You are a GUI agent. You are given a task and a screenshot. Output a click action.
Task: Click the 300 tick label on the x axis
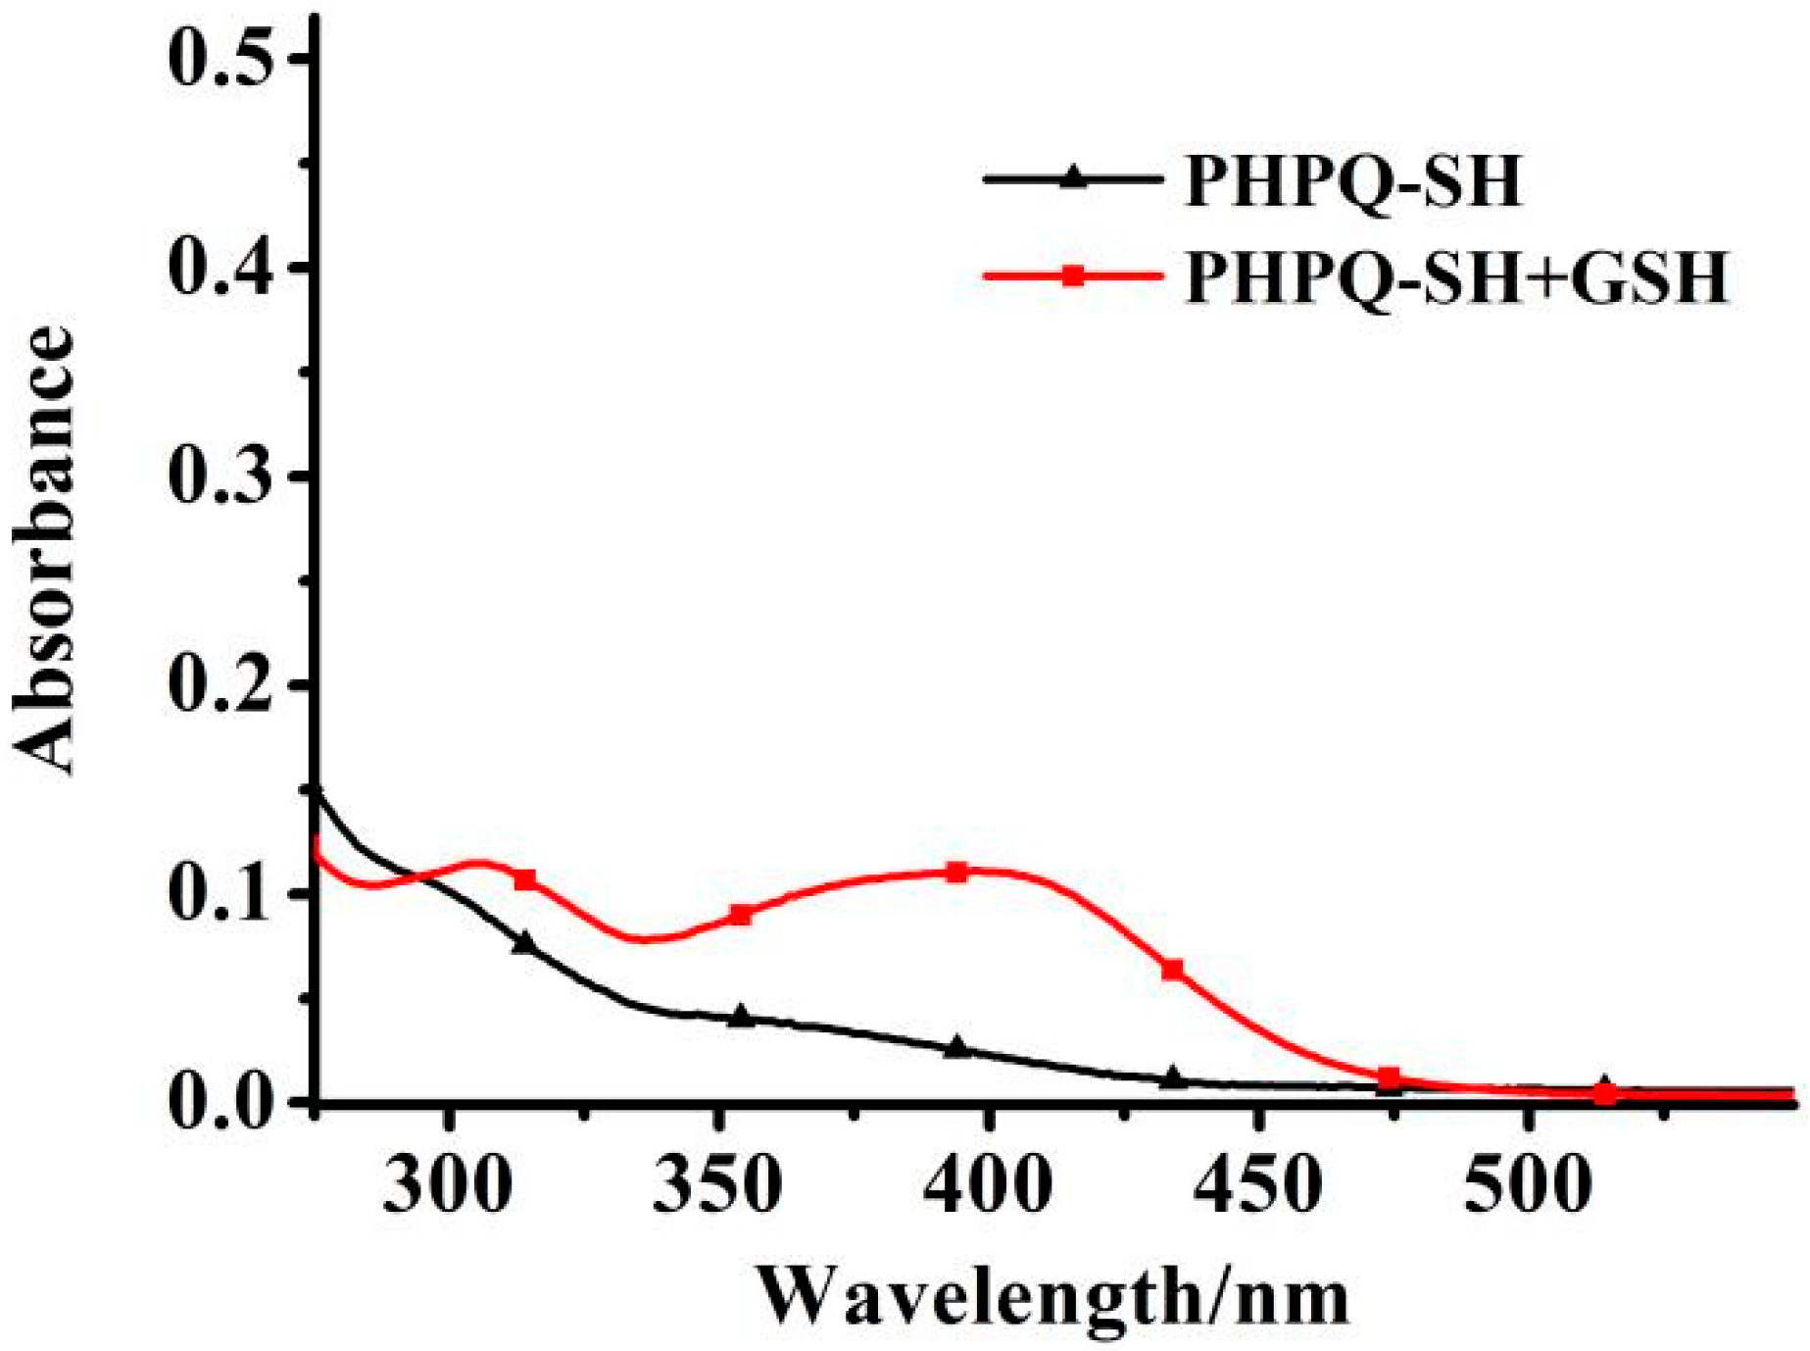point(448,1185)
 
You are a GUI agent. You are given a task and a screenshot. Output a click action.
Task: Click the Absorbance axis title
point(44,549)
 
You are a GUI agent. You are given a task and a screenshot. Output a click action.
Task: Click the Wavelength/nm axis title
point(1053,1296)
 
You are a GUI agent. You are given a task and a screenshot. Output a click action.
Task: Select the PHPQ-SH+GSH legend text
point(1456,277)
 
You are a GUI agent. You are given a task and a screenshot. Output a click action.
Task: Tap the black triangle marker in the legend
point(1074,178)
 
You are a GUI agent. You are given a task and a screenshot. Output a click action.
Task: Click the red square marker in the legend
point(1074,275)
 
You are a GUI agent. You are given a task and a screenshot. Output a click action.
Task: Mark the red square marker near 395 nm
point(957,873)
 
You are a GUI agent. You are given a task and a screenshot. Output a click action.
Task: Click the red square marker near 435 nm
point(1172,970)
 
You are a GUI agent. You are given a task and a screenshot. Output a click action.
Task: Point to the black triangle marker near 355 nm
point(742,1017)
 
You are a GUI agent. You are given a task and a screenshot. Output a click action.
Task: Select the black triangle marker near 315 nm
point(525,942)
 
